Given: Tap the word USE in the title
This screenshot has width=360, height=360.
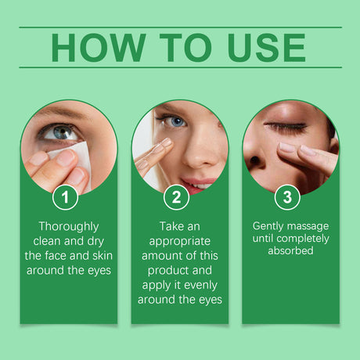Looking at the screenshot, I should coord(265,48).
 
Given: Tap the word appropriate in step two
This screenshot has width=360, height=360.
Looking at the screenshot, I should coord(179,239).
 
